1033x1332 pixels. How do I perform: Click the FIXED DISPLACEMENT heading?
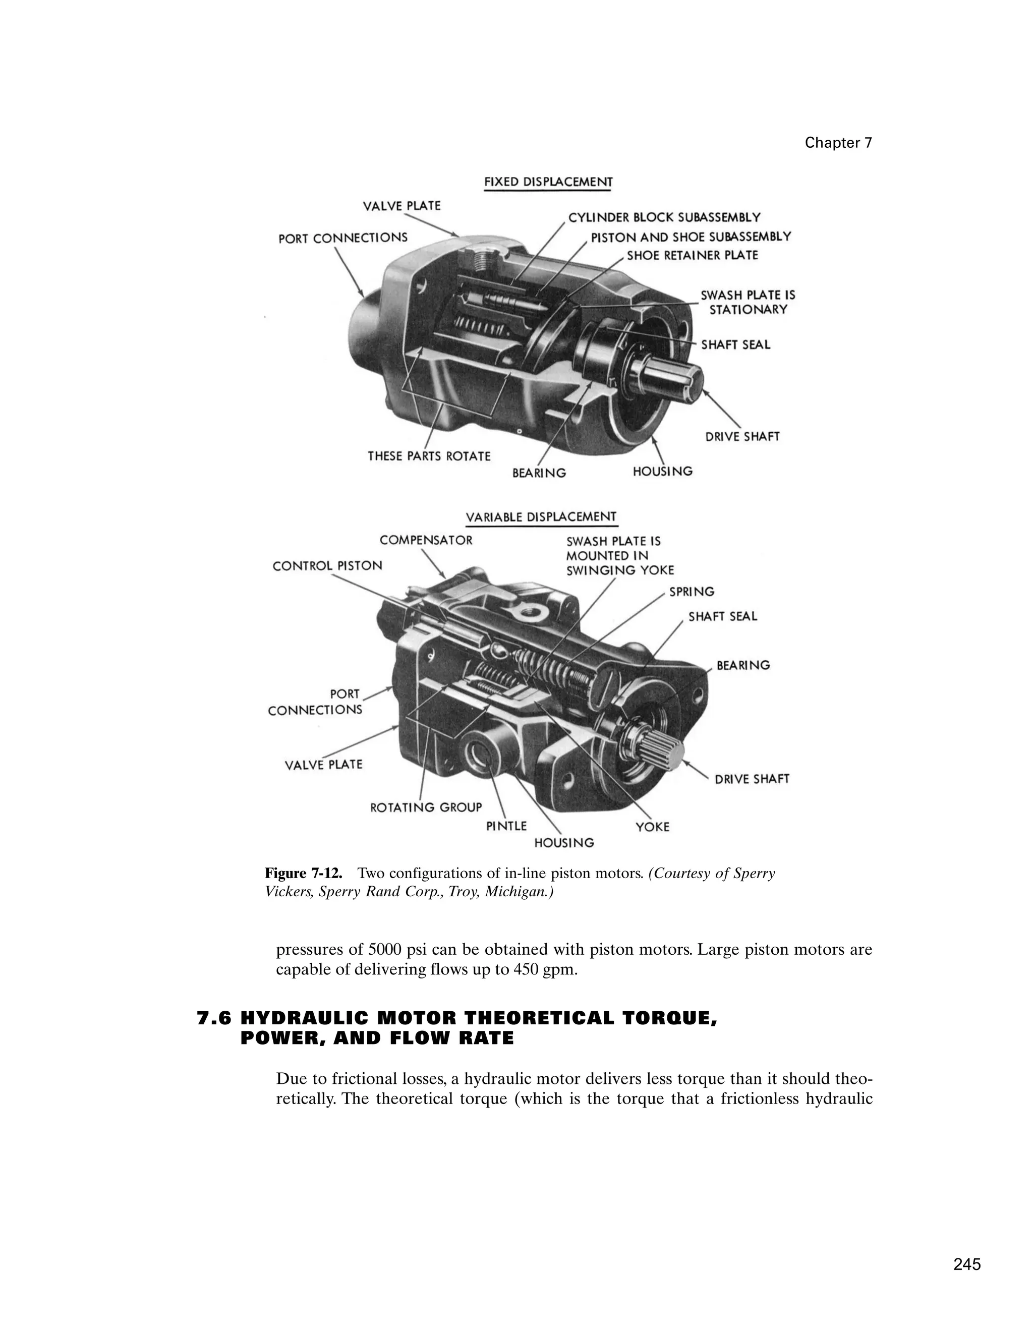coord(548,182)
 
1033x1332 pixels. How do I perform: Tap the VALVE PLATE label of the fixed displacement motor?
coord(401,206)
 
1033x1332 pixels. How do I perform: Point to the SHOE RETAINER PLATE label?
coord(692,256)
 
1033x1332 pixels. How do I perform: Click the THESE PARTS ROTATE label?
coord(429,456)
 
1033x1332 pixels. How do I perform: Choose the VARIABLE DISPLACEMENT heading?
coord(541,517)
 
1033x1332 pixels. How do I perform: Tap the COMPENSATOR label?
coord(426,540)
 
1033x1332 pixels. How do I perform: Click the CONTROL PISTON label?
coord(327,566)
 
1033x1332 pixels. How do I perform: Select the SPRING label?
coord(692,592)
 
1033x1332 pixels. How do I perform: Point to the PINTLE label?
coord(506,826)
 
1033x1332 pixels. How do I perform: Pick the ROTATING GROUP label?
coord(426,807)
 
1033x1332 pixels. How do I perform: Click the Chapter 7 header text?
coord(838,143)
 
